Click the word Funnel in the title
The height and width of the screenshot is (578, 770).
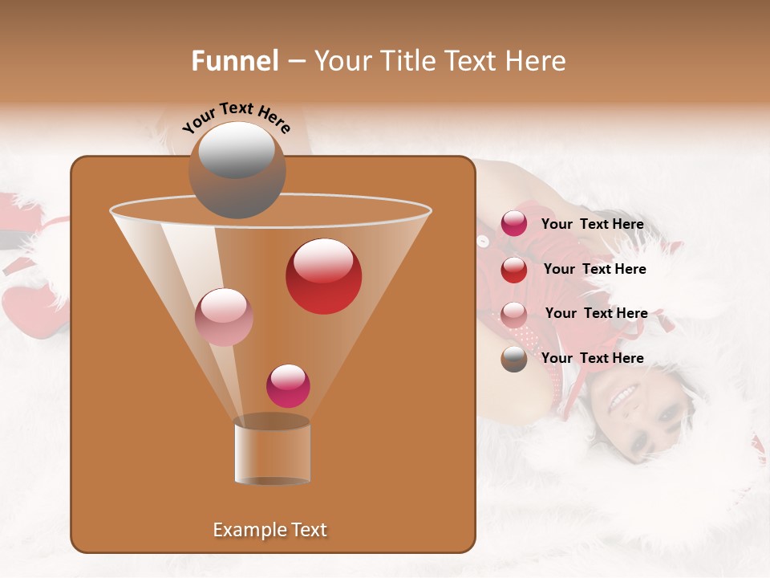(x=234, y=61)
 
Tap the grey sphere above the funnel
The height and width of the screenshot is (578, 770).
(x=237, y=169)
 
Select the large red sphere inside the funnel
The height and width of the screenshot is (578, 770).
(x=323, y=276)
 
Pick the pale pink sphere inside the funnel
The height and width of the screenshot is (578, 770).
(x=224, y=316)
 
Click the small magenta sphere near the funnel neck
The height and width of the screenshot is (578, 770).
(x=288, y=386)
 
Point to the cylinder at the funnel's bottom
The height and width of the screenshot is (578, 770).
(x=272, y=451)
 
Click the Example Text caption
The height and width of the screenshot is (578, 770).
(x=269, y=530)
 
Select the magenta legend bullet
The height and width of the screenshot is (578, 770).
(x=514, y=224)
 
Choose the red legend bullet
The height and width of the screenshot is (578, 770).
(x=514, y=270)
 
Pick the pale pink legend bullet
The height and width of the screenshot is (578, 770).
(x=514, y=315)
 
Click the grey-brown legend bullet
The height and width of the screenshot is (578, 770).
(x=514, y=359)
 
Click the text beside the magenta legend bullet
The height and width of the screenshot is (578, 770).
(x=592, y=225)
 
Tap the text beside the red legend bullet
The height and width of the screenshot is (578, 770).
(x=594, y=270)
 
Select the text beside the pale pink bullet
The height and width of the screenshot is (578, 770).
(x=596, y=314)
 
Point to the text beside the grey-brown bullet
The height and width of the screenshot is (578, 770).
(x=592, y=359)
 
